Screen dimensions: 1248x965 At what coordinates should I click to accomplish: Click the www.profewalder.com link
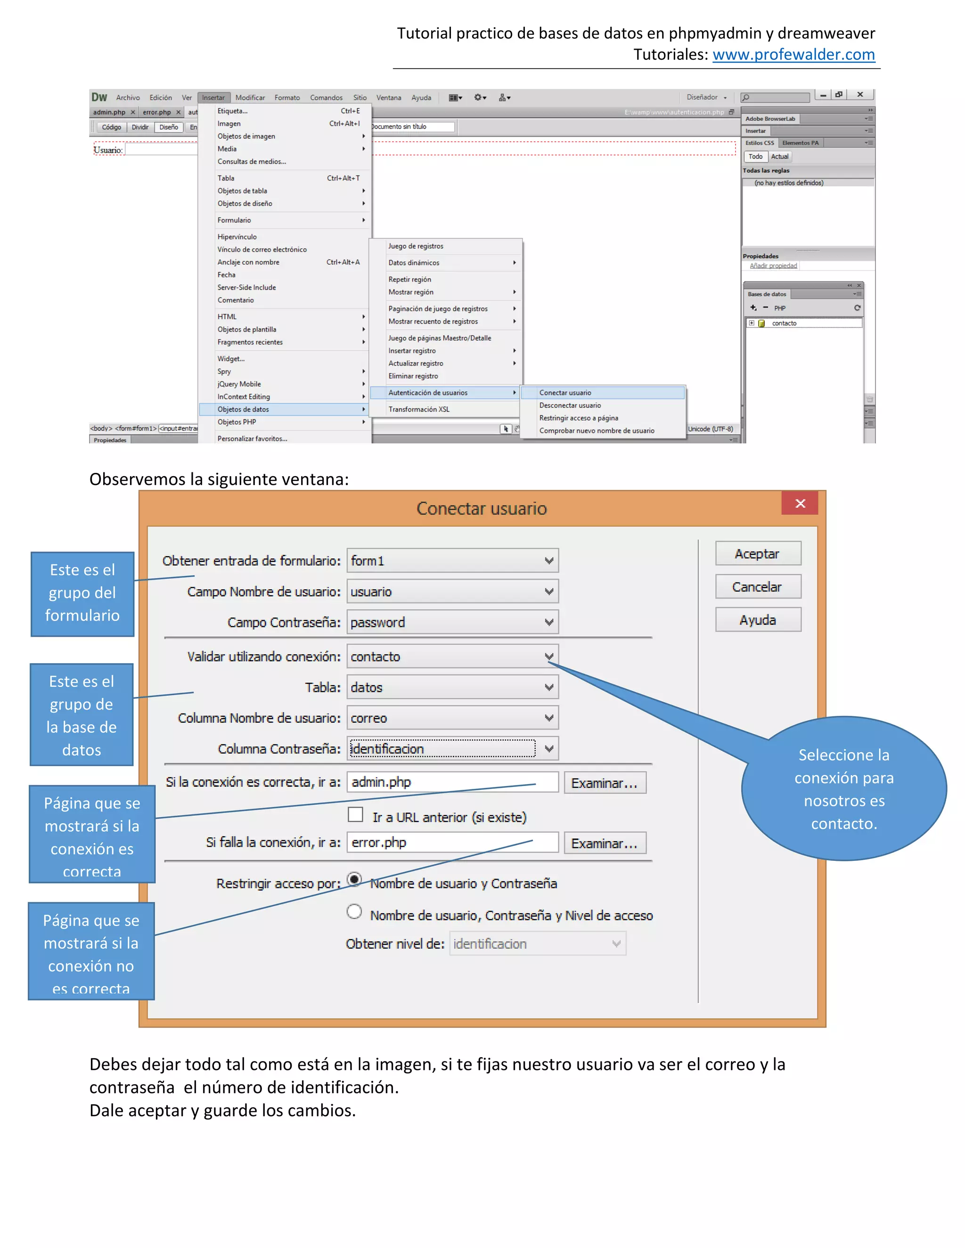pos(793,55)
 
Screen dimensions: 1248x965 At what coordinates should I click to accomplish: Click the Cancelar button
pos(758,587)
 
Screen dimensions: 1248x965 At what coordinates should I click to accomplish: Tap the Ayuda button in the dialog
pos(758,620)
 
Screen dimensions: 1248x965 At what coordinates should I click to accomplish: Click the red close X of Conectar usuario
pos(800,503)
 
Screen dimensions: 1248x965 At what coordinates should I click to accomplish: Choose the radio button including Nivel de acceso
pos(354,912)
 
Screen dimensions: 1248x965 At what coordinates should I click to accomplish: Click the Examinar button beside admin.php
pos(604,783)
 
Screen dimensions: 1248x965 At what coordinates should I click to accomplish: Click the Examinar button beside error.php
pos(604,843)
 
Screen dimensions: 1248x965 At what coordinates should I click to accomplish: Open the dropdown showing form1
pos(452,560)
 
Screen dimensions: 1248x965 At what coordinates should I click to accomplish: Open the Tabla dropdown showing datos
pos(452,688)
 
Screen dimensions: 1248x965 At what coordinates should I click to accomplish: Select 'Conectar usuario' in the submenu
pos(565,393)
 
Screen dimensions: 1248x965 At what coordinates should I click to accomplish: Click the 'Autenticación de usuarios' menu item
pos(428,393)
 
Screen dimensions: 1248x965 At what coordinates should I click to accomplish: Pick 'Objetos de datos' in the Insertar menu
pos(244,409)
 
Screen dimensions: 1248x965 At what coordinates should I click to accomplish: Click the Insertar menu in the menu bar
pos(213,97)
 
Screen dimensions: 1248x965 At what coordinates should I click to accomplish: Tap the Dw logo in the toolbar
pos(99,97)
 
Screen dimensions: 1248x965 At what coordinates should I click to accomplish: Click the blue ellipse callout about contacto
pos(844,789)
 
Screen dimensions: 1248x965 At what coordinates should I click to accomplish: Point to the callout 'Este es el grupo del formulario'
pos(82,593)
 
